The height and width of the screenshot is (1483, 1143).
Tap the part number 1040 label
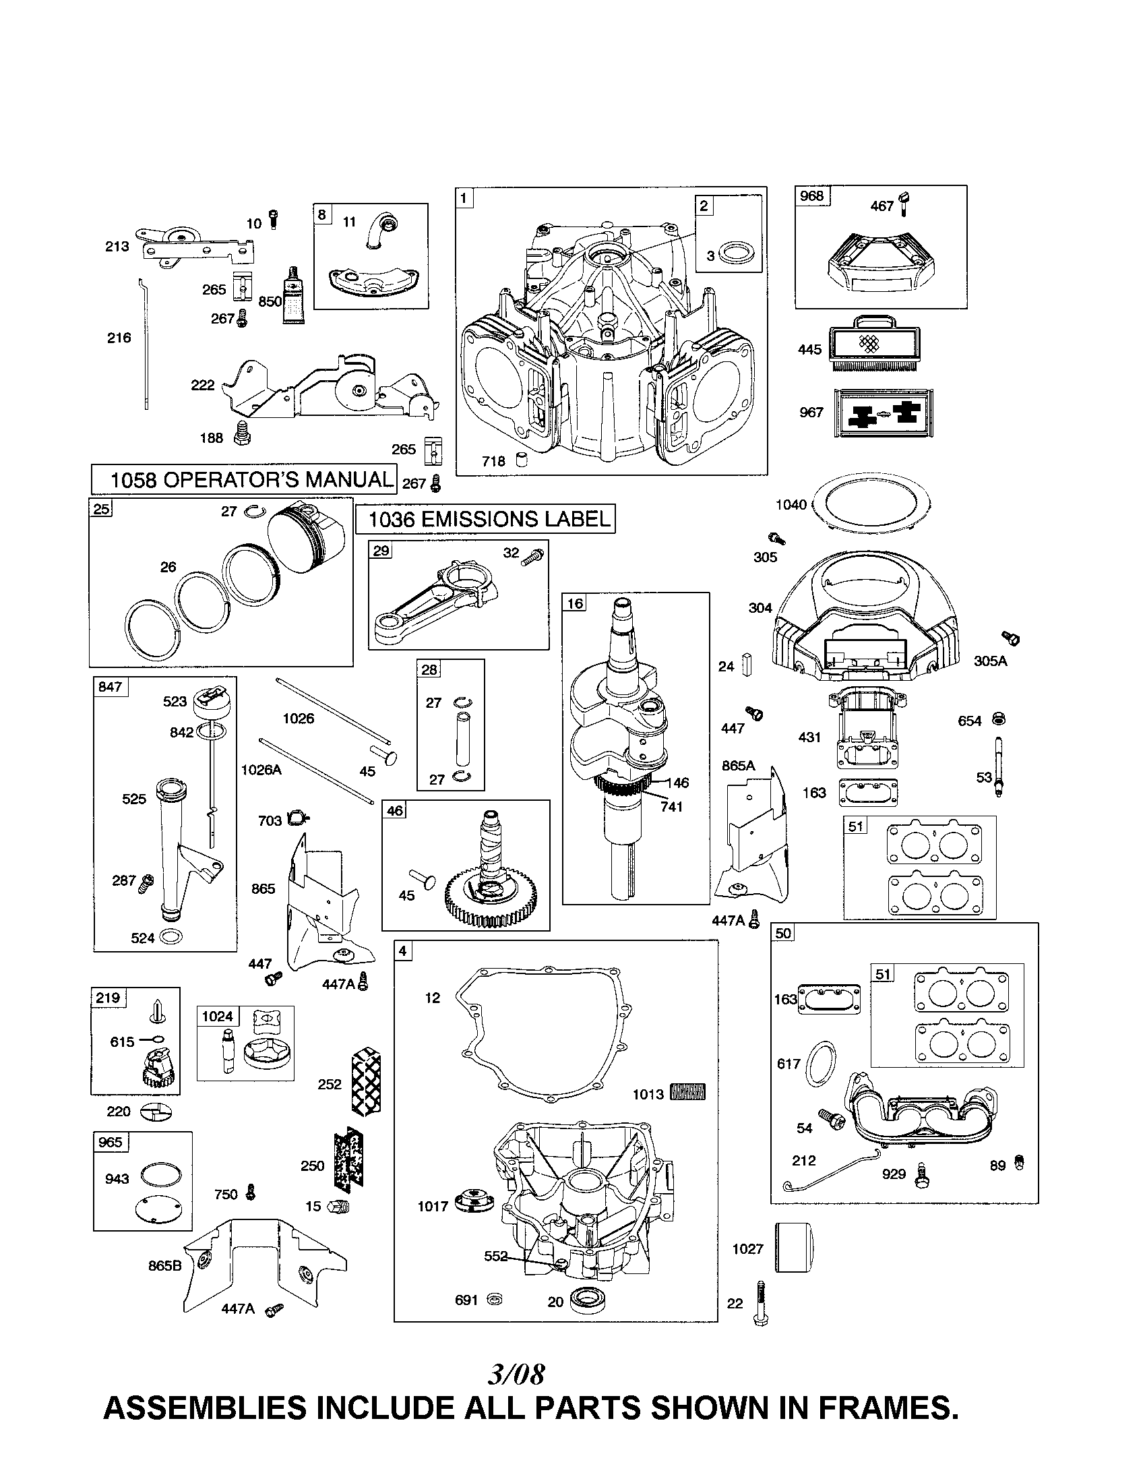pyautogui.click(x=791, y=504)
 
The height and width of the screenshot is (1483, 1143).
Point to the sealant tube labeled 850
pyautogui.click(x=295, y=293)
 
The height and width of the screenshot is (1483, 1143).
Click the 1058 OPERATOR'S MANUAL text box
pyautogui.click(x=244, y=479)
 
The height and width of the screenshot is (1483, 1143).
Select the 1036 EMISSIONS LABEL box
pyautogui.click(x=485, y=520)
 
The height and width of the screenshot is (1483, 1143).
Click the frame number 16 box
pyautogui.click(x=574, y=603)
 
